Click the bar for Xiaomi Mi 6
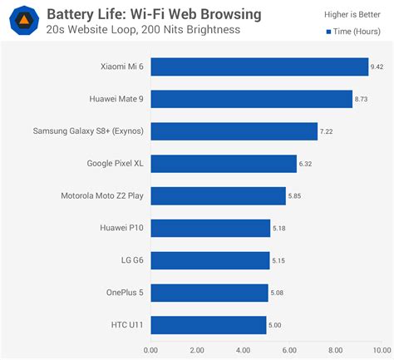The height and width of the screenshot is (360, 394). (x=259, y=67)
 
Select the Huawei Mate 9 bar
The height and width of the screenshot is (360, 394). (x=251, y=100)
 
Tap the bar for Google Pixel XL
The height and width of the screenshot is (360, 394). (x=224, y=164)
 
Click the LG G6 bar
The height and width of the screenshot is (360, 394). (x=209, y=261)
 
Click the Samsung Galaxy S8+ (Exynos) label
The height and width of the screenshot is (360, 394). (x=87, y=131)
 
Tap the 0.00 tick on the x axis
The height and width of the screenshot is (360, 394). (x=150, y=350)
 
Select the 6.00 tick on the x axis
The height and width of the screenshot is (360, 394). (x=289, y=350)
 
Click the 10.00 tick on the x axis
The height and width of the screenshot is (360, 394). (x=381, y=350)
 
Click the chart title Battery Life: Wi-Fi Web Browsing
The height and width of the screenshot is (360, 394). (x=154, y=14)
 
